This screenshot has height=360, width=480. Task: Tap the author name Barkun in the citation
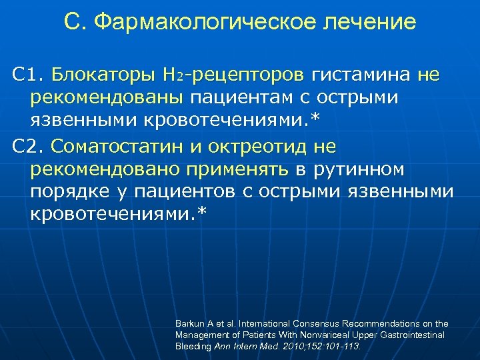coord(189,323)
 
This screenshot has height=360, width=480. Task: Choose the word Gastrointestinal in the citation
coord(411,335)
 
